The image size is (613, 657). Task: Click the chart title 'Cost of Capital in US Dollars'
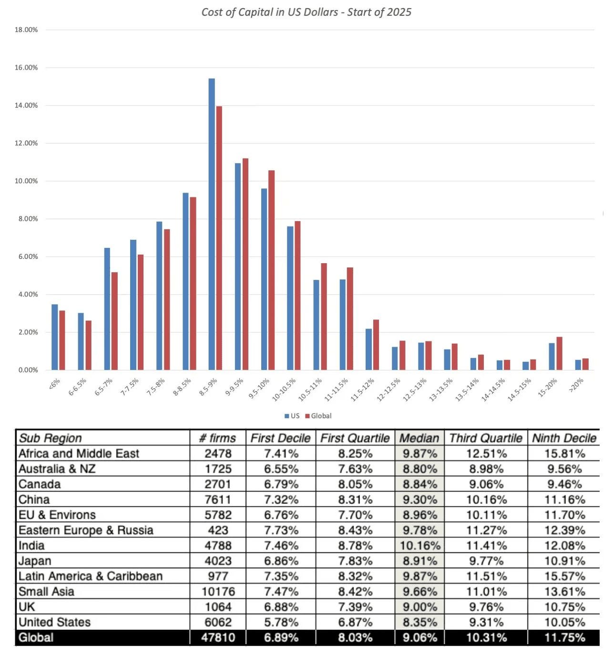[x=306, y=12]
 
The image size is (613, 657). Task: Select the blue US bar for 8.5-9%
[x=212, y=224]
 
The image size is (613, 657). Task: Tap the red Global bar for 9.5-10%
[x=272, y=270]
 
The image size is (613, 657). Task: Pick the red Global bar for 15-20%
[x=559, y=353]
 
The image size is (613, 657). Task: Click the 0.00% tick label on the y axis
[x=28, y=370]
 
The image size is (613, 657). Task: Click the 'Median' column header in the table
[x=419, y=438]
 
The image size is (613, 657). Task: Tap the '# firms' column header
[x=217, y=438]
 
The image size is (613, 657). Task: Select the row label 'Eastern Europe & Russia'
[x=86, y=530]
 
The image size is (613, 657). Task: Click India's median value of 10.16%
[x=419, y=545]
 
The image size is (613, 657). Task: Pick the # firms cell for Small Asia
[x=218, y=592]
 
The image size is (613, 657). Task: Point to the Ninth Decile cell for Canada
[x=564, y=484]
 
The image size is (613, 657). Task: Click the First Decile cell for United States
[x=281, y=622]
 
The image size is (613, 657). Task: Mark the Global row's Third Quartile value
[x=486, y=637]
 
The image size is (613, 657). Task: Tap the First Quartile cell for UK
[x=355, y=607]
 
